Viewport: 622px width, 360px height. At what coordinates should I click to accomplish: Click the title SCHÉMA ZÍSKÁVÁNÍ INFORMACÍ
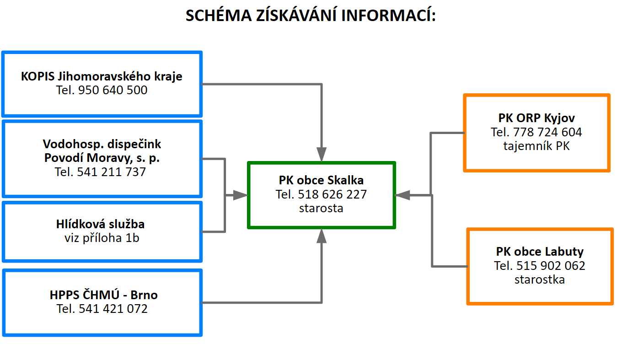[x=311, y=16]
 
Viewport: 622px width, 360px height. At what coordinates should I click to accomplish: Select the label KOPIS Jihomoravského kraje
[x=102, y=76]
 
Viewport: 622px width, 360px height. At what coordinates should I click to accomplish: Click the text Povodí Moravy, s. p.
[x=102, y=158]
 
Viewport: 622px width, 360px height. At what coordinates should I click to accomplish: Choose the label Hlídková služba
[x=102, y=224]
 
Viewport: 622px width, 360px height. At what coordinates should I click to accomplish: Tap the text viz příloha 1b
[x=102, y=238]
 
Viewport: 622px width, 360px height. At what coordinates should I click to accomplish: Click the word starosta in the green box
[x=321, y=208]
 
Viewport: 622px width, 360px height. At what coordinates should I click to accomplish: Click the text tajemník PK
[x=536, y=146]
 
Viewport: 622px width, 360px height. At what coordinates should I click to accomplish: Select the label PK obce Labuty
[x=540, y=251]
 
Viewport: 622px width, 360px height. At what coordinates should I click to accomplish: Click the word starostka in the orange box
[x=539, y=279]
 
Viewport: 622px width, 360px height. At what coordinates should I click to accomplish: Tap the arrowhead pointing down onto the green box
[x=322, y=155]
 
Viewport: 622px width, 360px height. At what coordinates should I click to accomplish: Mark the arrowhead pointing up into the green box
[x=322, y=236]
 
